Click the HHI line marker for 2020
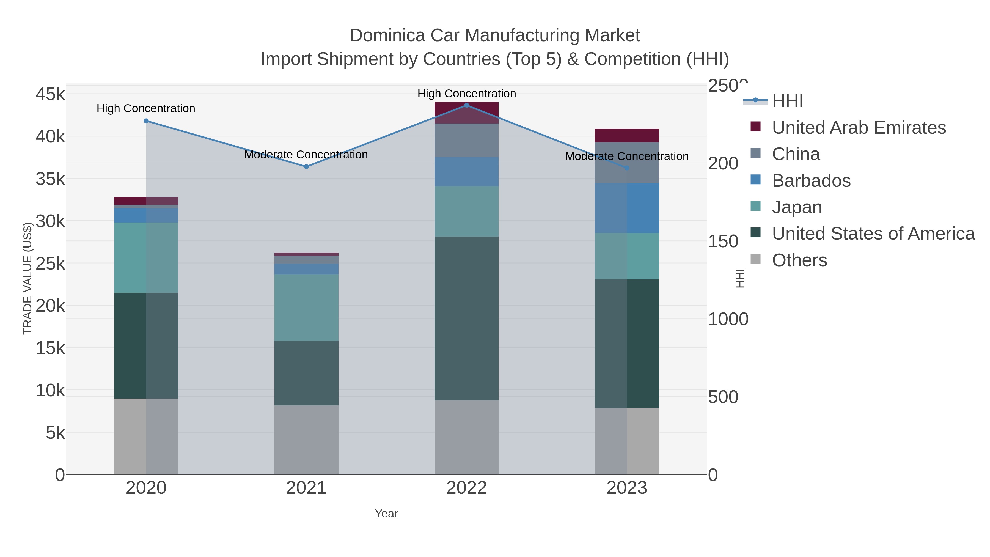click(x=146, y=121)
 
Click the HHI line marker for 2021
click(x=306, y=166)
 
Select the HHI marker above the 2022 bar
click(x=467, y=105)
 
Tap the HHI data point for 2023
click(x=627, y=168)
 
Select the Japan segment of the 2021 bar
click(x=306, y=307)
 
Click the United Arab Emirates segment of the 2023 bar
click(x=626, y=135)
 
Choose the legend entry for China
click(x=796, y=154)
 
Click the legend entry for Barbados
click(x=811, y=181)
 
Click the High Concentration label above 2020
click(x=146, y=108)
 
